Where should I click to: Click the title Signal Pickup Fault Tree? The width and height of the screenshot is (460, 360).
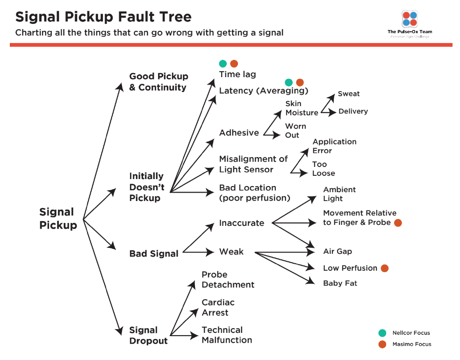point(103,17)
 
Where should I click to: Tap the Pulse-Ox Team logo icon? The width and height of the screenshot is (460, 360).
point(410,19)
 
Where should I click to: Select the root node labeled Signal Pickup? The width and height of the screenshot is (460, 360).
point(58,219)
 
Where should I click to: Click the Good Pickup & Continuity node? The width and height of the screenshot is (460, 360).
point(158,82)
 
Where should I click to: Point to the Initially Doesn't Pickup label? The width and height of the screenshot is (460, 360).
point(147,187)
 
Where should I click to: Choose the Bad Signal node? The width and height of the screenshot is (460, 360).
point(154,254)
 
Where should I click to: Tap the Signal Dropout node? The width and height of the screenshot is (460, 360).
point(148,336)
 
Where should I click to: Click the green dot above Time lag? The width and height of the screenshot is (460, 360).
point(223,64)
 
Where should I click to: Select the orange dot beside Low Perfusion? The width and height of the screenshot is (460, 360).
point(385,268)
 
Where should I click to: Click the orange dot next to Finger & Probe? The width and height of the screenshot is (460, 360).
point(398,223)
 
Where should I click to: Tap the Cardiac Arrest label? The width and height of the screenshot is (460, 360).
point(218,308)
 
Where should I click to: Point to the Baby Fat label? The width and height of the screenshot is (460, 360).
point(340,283)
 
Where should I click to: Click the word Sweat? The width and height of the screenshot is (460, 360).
point(349,94)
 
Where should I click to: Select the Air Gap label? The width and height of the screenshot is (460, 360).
point(338,252)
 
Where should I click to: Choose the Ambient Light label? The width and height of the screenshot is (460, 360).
point(339,194)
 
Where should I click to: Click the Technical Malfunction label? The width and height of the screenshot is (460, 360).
point(227,335)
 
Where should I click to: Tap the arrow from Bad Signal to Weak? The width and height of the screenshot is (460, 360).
point(199,252)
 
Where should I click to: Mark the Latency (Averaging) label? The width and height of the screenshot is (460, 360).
point(264,91)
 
